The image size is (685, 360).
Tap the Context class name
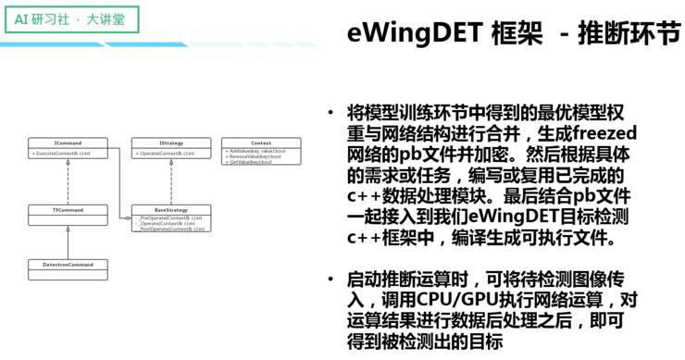[260, 143]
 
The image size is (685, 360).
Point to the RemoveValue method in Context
[253, 156]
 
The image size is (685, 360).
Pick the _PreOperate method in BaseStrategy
[168, 217]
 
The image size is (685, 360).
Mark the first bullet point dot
[331, 114]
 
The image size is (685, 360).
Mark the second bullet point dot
[331, 279]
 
